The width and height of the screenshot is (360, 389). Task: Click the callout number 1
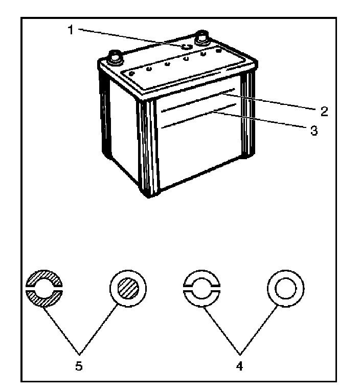(71, 29)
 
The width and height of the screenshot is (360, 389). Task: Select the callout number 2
(323, 111)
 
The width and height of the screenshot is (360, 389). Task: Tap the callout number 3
(313, 132)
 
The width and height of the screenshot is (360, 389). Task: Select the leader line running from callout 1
(128, 37)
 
